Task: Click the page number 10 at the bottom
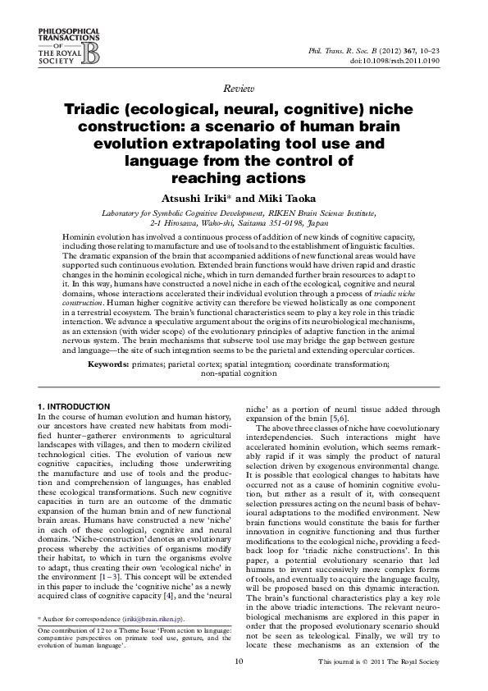(239, 661)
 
